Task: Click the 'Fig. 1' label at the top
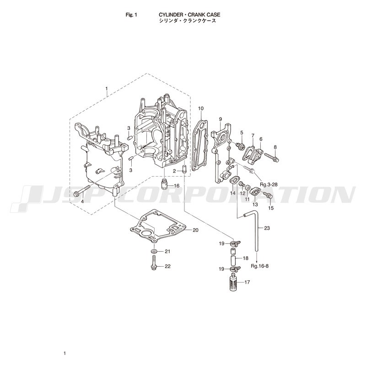pyautogui.click(x=131, y=15)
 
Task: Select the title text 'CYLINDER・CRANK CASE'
pyautogui.click(x=189, y=15)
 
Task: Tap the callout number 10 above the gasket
pyautogui.click(x=201, y=108)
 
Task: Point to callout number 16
pyautogui.click(x=177, y=186)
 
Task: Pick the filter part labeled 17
pyautogui.click(x=234, y=283)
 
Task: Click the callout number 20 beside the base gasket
pyautogui.click(x=195, y=230)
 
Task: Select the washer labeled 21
pyautogui.click(x=154, y=251)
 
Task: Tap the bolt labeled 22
pyautogui.click(x=154, y=263)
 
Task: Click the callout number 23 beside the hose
pyautogui.click(x=267, y=227)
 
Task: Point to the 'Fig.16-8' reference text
pyautogui.click(x=260, y=266)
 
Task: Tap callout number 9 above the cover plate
pyautogui.click(x=221, y=119)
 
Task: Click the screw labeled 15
pyautogui.click(x=268, y=195)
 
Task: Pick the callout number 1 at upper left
pyautogui.click(x=107, y=89)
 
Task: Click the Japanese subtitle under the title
pyautogui.click(x=188, y=21)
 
